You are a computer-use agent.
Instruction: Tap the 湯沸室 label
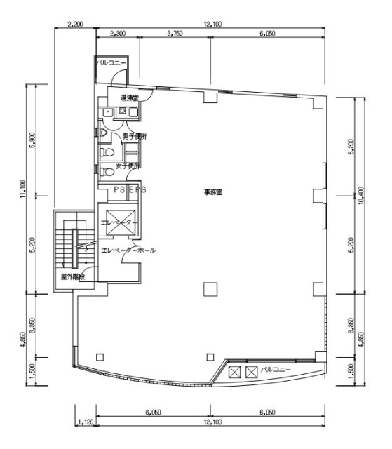128,98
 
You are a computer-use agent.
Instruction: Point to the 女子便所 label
128,166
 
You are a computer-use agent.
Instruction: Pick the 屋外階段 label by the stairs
72,277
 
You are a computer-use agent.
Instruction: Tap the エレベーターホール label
128,250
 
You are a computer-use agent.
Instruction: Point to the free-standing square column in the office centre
209,287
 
